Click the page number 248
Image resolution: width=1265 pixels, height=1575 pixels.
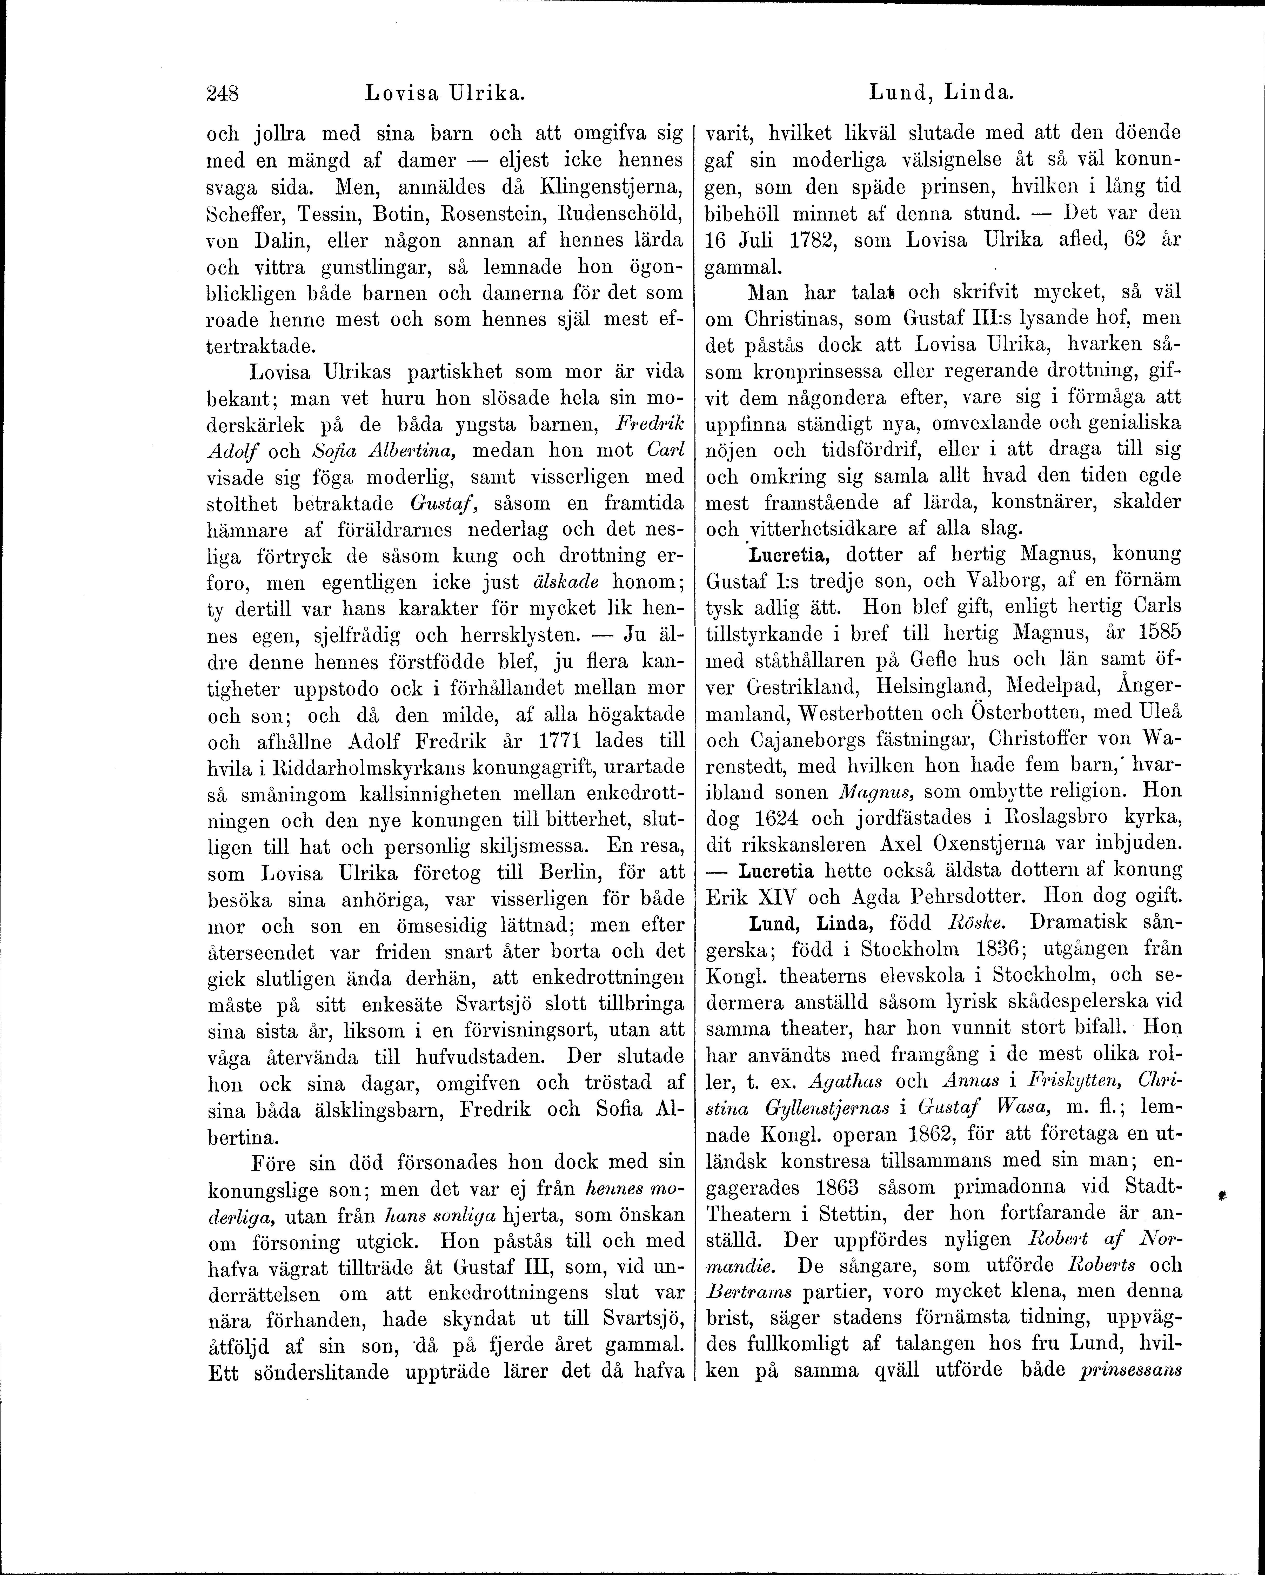[x=224, y=93]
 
